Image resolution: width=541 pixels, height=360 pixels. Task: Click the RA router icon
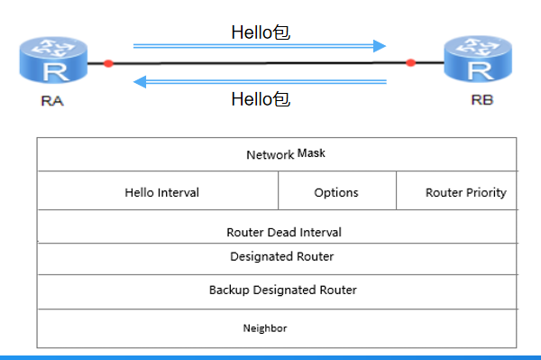pos(53,60)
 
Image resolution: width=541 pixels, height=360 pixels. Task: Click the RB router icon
pos(478,59)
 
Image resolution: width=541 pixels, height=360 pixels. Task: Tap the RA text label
pos(52,101)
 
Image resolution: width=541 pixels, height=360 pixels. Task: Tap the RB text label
pos(482,100)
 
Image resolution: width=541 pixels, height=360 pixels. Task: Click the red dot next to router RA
pos(108,63)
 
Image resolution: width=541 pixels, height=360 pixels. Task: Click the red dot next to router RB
pos(410,63)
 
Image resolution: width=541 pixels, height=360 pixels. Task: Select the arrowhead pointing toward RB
pos(380,46)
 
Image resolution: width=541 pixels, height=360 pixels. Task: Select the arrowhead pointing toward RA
pos(140,82)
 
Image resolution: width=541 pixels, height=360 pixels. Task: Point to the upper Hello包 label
pos(261,32)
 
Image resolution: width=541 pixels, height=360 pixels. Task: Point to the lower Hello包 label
pos(261,99)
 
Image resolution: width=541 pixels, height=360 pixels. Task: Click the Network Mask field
pos(286,154)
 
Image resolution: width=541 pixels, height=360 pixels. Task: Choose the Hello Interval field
pos(161,192)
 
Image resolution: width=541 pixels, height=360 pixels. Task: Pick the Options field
pos(336,192)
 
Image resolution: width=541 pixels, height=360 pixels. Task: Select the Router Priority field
pos(466,192)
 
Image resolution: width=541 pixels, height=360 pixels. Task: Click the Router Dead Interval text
pos(284,232)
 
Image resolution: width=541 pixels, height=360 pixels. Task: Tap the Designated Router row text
pos(282,256)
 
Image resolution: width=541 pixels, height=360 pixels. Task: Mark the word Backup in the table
pos(229,290)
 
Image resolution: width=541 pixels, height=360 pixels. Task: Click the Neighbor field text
pos(265,328)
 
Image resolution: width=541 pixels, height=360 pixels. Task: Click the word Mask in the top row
pos(311,152)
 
